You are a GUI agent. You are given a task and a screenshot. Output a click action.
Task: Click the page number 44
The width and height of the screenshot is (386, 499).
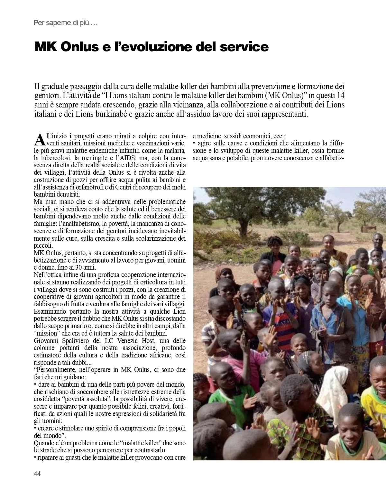point(37,474)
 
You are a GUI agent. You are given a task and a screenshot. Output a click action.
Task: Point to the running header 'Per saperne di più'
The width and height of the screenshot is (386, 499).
point(65,23)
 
